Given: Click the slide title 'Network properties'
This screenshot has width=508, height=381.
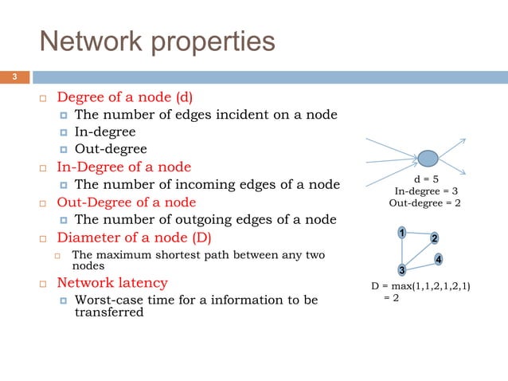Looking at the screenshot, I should pyautogui.click(x=158, y=41).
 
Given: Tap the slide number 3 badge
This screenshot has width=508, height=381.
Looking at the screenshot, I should pyautogui.click(x=14, y=77).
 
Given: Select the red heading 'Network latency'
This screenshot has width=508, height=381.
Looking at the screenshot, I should pyautogui.click(x=111, y=282).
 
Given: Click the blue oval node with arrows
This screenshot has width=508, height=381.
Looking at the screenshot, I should pyautogui.click(x=428, y=159).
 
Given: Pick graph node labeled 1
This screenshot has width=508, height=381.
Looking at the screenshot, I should pyautogui.click(x=402, y=233).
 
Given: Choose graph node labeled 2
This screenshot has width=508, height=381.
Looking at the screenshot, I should pyautogui.click(x=435, y=239).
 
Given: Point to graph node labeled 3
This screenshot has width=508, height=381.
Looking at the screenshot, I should pyautogui.click(x=403, y=269).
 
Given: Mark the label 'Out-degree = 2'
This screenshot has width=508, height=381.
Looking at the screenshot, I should pyautogui.click(x=424, y=203).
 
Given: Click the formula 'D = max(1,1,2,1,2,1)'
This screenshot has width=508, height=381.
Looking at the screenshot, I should pyautogui.click(x=420, y=285).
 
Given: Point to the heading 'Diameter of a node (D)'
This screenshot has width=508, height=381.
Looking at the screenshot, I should pyautogui.click(x=134, y=237).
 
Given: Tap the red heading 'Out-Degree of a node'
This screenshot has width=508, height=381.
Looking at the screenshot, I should pyautogui.click(x=126, y=202).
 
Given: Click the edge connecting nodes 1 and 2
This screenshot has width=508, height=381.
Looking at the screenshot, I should pyautogui.click(x=419, y=236).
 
